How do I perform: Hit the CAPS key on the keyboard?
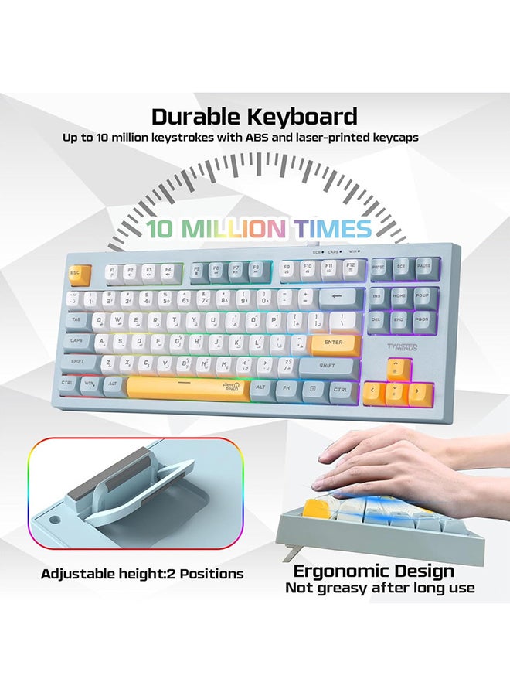tap(77, 340)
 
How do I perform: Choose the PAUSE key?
tap(423, 267)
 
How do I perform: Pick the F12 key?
tap(351, 268)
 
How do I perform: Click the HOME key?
tap(399, 295)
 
